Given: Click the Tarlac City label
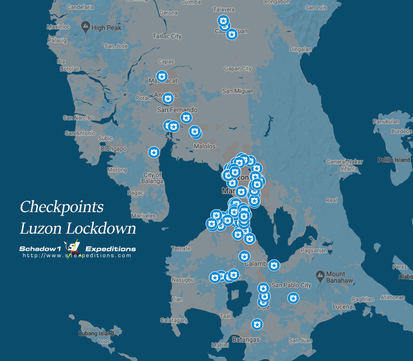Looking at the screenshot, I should point(167,36).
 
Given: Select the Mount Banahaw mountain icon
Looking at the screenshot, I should point(320,274).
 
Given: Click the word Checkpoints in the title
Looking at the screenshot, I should point(61,207).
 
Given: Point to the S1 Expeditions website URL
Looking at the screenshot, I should point(77,256).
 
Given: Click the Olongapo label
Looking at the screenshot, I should point(114,149).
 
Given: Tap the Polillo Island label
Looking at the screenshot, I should point(394,160).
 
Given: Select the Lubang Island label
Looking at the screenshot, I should point(99,334).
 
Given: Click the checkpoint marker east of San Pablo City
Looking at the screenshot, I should point(293,298).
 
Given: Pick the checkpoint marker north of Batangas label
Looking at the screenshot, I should point(257,324).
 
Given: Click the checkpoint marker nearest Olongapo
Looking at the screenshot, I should point(153,152).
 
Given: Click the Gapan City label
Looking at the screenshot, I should point(237,69).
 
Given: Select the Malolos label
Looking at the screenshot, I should point(205,147).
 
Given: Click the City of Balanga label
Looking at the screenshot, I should point(153,178).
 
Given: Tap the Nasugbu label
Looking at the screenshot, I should point(183,280).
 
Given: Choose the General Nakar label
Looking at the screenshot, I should point(345,162).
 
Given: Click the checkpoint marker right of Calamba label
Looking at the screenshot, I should point(274,265).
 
